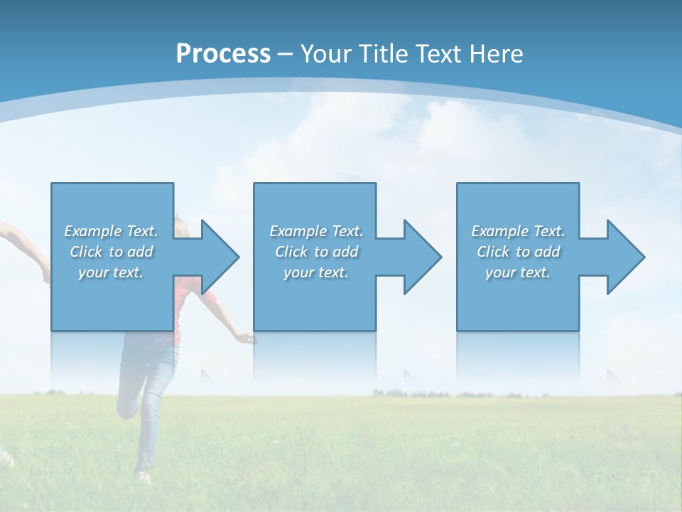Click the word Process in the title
pos(223,54)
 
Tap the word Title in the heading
pos(386,54)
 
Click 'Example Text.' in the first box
pos(111,231)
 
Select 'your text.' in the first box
pos(111,272)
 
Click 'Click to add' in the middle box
pos(316,252)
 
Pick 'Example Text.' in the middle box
pos(316,231)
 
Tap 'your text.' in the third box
pos(518,272)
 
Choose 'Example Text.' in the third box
pos(518,231)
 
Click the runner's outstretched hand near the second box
pos(247,338)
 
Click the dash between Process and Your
pos(286,54)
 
